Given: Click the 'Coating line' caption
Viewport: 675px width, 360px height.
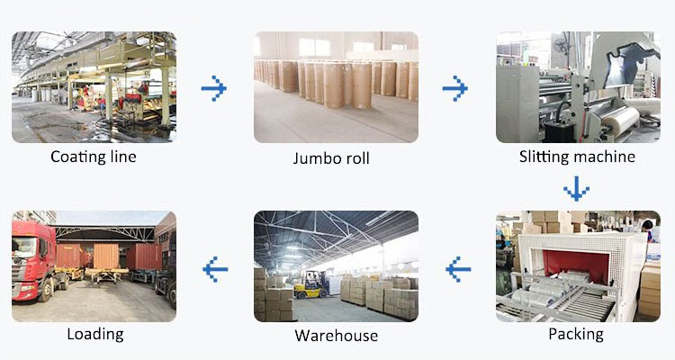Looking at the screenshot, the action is pos(94,157).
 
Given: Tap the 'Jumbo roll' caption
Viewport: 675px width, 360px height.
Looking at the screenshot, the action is pos(331,159).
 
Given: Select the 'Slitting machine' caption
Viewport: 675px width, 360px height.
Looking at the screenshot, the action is pos(577,157).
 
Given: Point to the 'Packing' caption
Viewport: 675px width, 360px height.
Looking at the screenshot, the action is pos(576,334).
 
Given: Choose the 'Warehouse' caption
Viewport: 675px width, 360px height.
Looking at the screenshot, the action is pos(336,337).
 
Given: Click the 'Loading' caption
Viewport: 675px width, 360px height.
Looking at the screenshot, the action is pos(94,334).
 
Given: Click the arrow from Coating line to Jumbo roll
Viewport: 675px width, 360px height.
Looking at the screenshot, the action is pos(213,88).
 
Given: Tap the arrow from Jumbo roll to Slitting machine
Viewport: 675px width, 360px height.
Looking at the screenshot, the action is pos(455,88).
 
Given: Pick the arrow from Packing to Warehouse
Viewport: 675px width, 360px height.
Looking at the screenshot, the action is pos(458,267).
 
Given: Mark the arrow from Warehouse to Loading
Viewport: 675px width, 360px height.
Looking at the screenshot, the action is pos(215,267).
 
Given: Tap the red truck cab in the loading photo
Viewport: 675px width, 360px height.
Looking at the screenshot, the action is pos(33,261).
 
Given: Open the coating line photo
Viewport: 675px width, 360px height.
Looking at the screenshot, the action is pos(94,87).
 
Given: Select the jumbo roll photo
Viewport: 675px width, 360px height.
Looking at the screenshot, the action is pos(336,87).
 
